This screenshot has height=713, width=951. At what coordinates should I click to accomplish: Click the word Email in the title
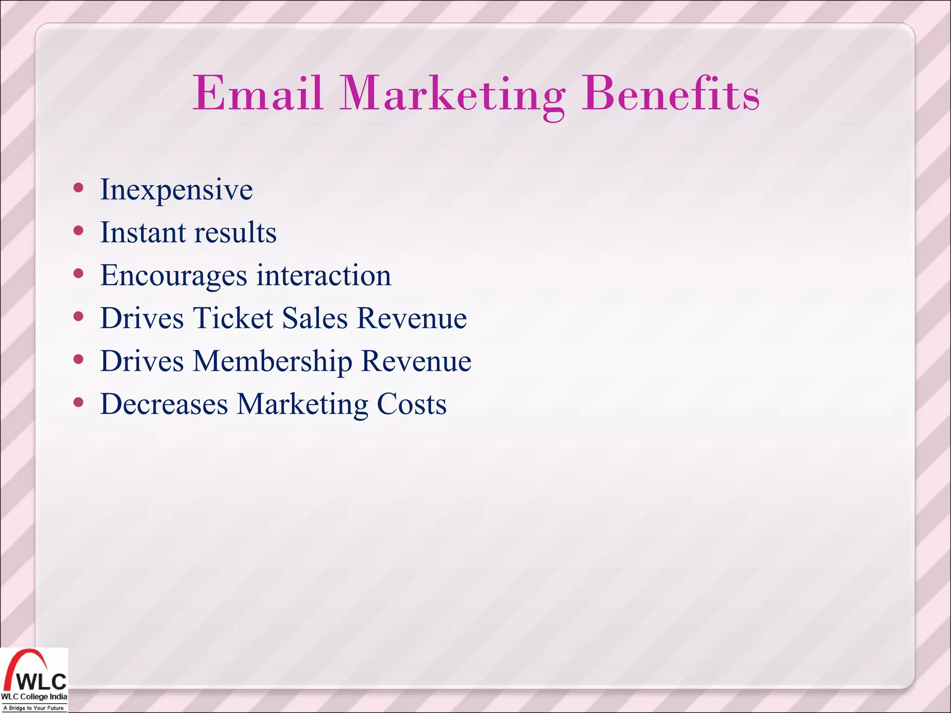(258, 94)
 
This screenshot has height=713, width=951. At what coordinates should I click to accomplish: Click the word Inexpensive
(176, 190)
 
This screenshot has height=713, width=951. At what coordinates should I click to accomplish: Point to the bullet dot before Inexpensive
(78, 188)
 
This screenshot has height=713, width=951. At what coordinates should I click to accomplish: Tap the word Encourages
(174, 275)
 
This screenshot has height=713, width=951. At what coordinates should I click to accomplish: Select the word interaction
(324, 275)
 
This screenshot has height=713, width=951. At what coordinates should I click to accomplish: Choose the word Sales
(315, 318)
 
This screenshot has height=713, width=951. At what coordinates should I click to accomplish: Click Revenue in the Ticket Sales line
(412, 318)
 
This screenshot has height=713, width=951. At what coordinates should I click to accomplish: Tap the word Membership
(273, 361)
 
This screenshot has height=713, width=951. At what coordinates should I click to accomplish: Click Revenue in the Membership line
(416, 361)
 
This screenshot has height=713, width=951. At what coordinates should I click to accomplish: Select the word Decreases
(164, 404)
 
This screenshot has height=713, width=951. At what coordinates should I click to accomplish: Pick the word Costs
(411, 404)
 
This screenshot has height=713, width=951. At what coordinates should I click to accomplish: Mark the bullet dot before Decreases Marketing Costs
(78, 402)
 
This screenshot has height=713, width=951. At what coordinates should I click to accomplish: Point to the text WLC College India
(34, 697)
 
